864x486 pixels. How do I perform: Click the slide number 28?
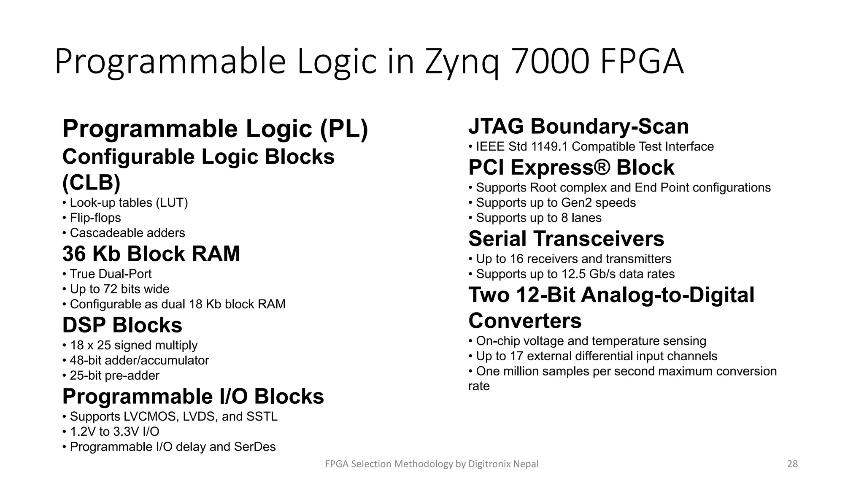tap(792, 464)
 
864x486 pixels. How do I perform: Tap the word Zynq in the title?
tap(462, 62)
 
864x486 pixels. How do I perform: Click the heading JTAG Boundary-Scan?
tap(578, 127)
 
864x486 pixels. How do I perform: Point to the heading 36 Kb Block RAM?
tap(151, 254)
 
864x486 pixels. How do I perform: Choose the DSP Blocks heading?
tap(122, 325)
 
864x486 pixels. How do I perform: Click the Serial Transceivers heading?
tap(566, 239)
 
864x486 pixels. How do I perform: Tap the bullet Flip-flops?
tap(95, 218)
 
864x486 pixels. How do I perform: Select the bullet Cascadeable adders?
tap(127, 233)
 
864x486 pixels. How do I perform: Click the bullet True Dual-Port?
tap(111, 274)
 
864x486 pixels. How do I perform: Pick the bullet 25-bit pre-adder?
tap(114, 376)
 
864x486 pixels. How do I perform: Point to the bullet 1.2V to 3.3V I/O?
tap(114, 432)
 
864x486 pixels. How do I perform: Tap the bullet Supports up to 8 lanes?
tap(539, 218)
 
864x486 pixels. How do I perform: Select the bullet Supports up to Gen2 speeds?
tap(556, 203)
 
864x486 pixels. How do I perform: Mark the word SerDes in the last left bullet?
tap(254, 447)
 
